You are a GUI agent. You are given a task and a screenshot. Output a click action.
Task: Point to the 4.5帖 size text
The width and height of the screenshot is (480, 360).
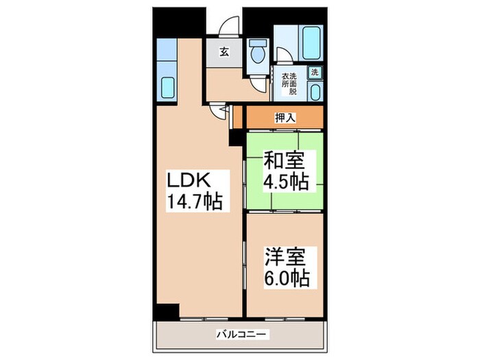[285, 182]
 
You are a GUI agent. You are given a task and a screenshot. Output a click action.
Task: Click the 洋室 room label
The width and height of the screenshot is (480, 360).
[285, 257]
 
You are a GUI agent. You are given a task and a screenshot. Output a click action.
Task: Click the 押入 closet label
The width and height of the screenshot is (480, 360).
[285, 117]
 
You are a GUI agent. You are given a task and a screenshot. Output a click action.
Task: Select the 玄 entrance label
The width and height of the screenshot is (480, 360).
[224, 51]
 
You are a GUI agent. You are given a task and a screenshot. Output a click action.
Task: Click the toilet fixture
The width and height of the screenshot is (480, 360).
[257, 52]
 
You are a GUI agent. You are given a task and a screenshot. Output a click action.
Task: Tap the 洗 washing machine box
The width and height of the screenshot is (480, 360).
[315, 72]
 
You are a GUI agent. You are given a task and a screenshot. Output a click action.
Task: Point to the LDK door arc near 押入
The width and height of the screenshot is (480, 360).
[221, 112]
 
